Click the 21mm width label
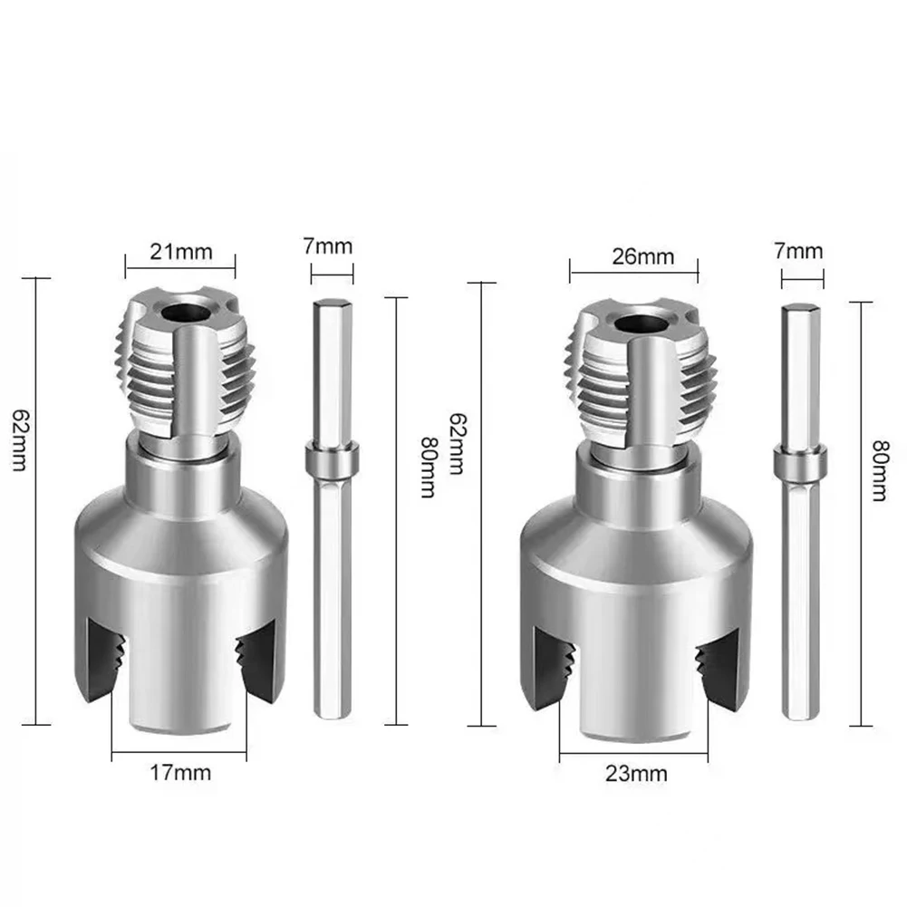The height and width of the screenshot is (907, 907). pyautogui.click(x=181, y=251)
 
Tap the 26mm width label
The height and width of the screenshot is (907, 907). pyautogui.click(x=642, y=256)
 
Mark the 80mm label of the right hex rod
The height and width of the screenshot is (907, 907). pyautogui.click(x=877, y=471)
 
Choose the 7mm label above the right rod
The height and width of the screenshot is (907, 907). pyautogui.click(x=800, y=250)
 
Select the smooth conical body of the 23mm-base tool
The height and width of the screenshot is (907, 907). pyautogui.click(x=636, y=548)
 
